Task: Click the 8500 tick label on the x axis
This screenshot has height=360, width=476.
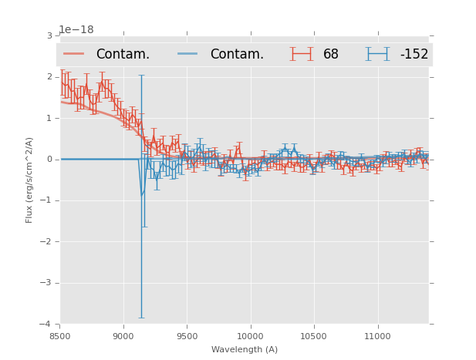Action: (x=59, y=336)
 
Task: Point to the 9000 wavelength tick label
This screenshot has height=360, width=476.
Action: (x=123, y=336)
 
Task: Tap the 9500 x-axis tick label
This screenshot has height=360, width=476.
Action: (x=187, y=336)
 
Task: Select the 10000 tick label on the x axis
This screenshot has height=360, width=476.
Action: (x=250, y=336)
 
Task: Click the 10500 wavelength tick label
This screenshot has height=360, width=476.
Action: (x=313, y=336)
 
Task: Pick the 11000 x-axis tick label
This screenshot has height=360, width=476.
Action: (x=377, y=336)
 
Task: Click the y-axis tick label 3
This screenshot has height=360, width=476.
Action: (x=49, y=35)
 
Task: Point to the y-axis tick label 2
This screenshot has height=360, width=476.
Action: (x=49, y=77)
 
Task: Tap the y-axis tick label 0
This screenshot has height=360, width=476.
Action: (x=49, y=160)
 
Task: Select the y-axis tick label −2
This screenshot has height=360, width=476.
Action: (x=47, y=241)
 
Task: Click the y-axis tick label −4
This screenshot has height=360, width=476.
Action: (x=47, y=324)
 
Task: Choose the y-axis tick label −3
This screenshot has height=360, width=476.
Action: (x=47, y=283)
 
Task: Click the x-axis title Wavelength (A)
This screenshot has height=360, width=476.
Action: (x=245, y=350)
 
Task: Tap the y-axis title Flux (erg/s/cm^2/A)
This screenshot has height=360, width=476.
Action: (x=29, y=180)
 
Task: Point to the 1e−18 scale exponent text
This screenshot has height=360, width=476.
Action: (x=76, y=30)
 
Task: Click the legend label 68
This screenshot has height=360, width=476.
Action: (x=331, y=55)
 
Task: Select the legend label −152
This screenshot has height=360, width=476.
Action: (x=414, y=55)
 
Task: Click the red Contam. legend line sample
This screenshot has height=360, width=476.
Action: (x=74, y=54)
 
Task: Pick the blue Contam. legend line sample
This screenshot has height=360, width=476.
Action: (x=188, y=54)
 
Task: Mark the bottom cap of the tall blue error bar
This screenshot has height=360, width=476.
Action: (x=141, y=318)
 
